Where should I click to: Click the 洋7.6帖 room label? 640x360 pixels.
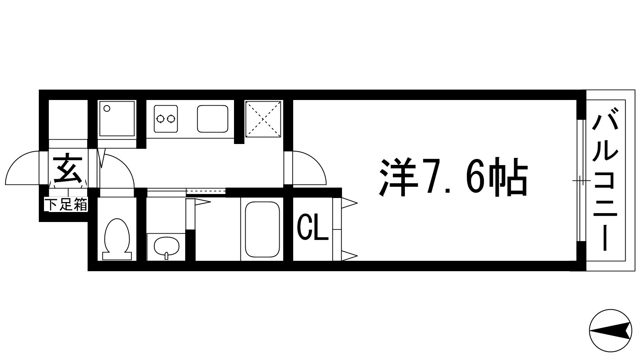tap(453, 176)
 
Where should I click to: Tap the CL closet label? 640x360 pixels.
tap(312, 228)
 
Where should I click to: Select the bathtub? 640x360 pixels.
tap(262, 230)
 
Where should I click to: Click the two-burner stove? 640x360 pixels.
tap(166, 118)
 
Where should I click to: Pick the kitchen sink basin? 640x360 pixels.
tap(213, 118)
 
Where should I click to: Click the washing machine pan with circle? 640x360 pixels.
tap(117, 119)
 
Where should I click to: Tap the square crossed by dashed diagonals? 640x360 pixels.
tap(263, 119)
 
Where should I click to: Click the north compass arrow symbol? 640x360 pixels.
tap(610, 330)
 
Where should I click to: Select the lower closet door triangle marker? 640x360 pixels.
tap(348, 255)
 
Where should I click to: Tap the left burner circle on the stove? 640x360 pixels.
tap(161, 118)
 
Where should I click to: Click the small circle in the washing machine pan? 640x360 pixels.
tap(107, 108)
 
